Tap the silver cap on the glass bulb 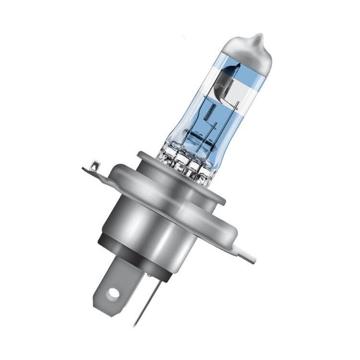pos(250,57)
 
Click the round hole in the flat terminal pos(113,292)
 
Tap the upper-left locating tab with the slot pos(94,169)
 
